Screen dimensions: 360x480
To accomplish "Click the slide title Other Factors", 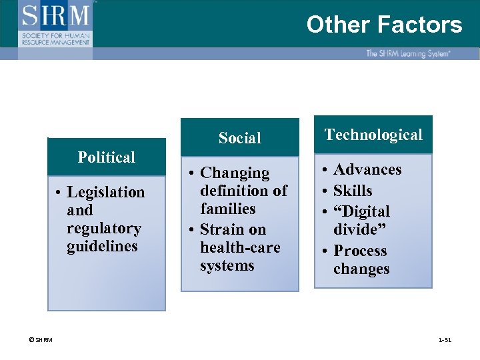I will click(x=384, y=25).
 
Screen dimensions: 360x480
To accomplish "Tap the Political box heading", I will click(x=107, y=157).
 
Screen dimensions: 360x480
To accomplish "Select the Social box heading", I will click(x=240, y=138).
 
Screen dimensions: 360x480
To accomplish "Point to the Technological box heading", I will click(x=373, y=135).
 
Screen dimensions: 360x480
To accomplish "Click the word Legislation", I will click(x=105, y=193).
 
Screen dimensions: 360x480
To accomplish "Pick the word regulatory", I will click(x=104, y=229).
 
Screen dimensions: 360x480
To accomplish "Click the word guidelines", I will click(x=102, y=247).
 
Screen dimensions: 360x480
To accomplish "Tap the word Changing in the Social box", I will click(x=235, y=173).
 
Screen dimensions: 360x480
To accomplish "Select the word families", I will click(x=227, y=209).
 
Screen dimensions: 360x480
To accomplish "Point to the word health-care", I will click(x=240, y=248).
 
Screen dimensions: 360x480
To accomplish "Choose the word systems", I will click(x=227, y=266).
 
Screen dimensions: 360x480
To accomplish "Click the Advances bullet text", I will click(x=367, y=170).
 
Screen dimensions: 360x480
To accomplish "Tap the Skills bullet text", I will click(x=353, y=191).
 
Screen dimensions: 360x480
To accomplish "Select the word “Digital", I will click(x=361, y=211).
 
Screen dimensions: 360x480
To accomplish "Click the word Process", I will click(x=360, y=251).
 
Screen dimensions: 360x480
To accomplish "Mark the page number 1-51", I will click(x=445, y=340).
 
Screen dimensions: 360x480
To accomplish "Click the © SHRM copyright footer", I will click(x=41, y=340).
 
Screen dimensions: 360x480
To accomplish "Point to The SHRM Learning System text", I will click(x=407, y=53).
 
